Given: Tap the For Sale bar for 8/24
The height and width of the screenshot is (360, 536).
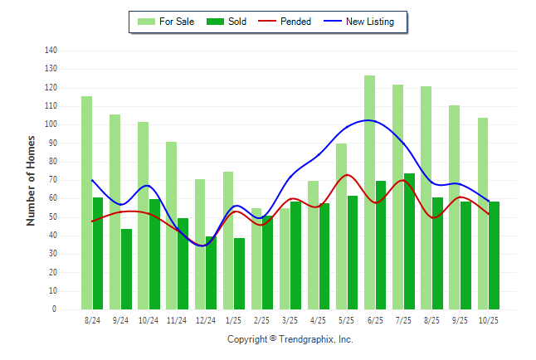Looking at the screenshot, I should pyautogui.click(x=86, y=203).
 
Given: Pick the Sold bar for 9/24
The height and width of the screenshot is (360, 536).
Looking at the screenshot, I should pyautogui.click(x=126, y=269).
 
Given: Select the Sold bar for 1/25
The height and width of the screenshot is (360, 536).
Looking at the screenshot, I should pyautogui.click(x=240, y=274).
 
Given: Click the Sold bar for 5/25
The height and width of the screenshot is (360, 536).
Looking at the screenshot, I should pyautogui.click(x=353, y=252).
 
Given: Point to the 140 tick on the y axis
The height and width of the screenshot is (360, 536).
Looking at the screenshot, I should pyautogui.click(x=51, y=51).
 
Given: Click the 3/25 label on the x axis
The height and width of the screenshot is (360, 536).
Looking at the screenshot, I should pyautogui.click(x=290, y=320).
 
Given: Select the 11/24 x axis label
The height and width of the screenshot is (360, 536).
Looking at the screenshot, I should pyautogui.click(x=177, y=320).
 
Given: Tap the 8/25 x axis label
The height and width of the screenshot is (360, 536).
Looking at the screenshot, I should pyautogui.click(x=431, y=320).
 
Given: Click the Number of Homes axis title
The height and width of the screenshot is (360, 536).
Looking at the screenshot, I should pyautogui.click(x=31, y=180).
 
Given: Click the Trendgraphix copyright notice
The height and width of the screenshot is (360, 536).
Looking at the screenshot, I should pyautogui.click(x=290, y=339).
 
